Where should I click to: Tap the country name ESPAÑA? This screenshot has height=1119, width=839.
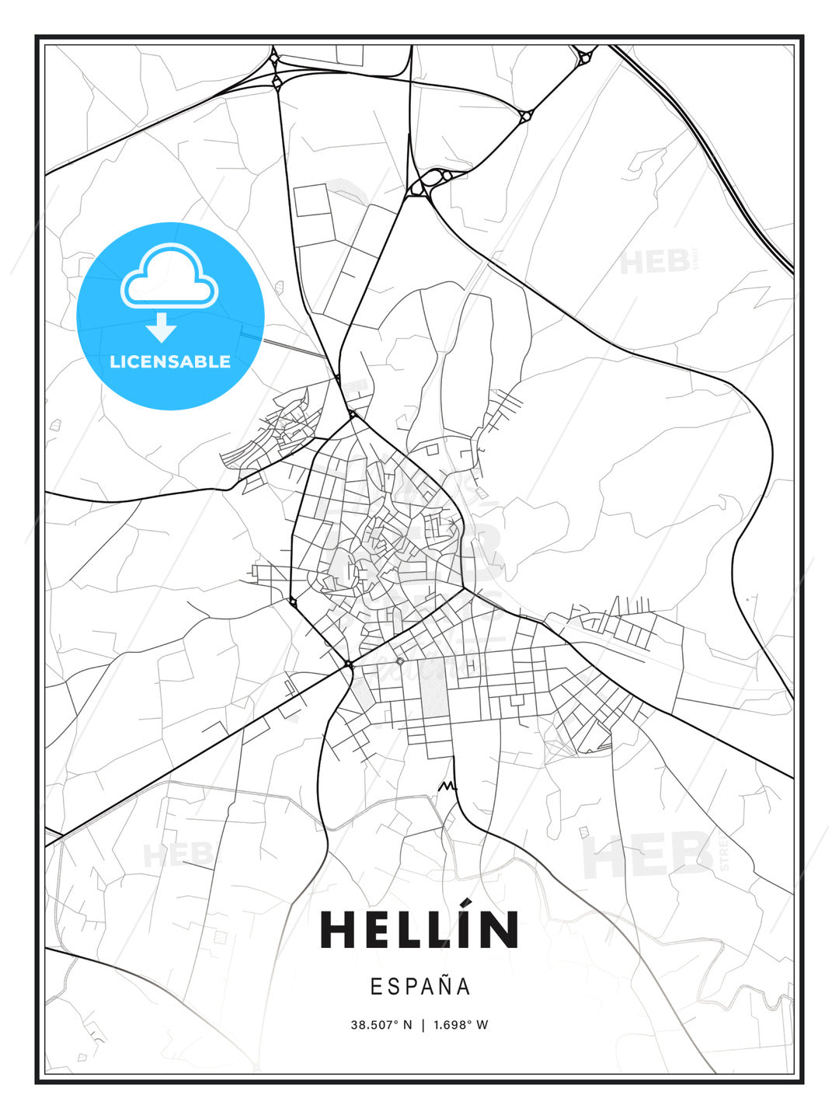420,986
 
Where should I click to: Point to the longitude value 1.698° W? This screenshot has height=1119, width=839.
461,1025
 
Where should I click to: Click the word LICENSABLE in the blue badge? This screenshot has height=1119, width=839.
170,361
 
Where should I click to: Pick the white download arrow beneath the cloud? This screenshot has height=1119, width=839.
162,328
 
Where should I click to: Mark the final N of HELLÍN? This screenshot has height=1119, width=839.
500,929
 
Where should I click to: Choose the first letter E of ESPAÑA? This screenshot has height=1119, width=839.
376,986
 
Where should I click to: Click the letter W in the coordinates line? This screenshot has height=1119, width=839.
482,1025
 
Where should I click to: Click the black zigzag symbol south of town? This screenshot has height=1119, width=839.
447,786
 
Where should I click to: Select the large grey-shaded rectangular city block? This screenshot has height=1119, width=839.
435,688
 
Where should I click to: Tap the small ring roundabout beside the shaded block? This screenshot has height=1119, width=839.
400,661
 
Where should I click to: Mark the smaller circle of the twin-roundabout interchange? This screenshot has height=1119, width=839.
447,176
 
